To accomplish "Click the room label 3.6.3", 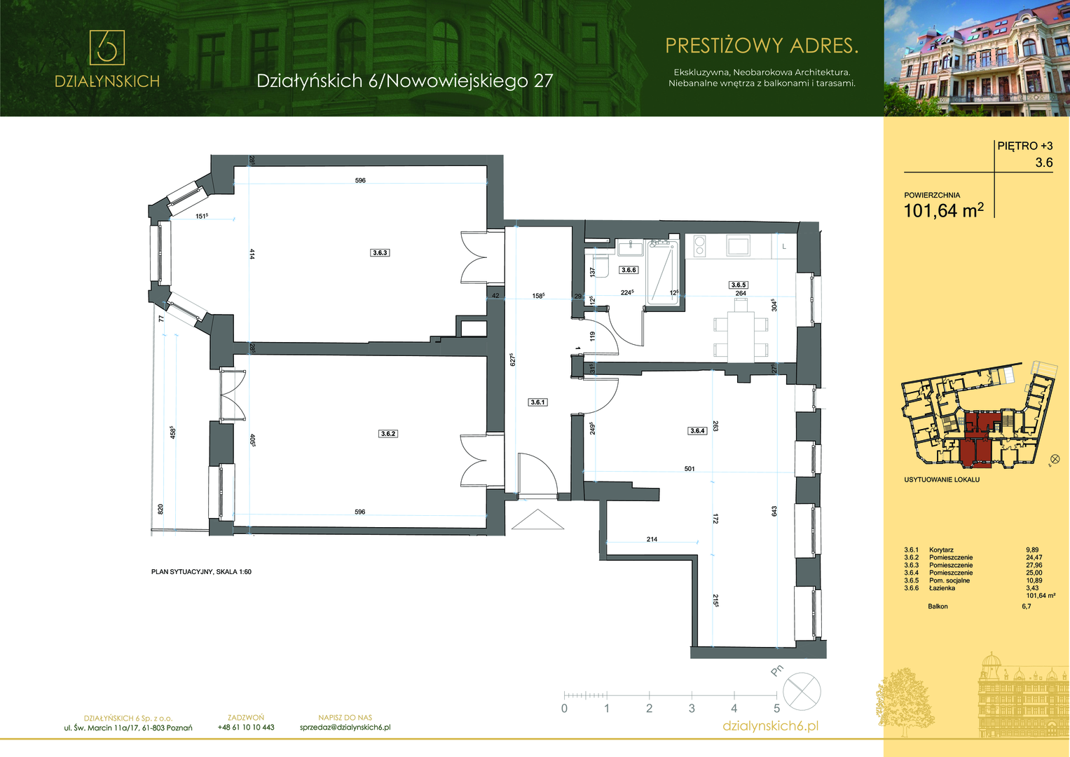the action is click(x=380, y=253).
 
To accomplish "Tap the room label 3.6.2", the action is click(x=388, y=434).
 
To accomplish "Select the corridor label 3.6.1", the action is click(x=538, y=402).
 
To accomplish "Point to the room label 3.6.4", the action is click(x=697, y=430).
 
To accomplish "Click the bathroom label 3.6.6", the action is click(x=629, y=270).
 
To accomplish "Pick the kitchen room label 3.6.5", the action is click(x=739, y=285).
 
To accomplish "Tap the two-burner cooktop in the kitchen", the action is click(x=700, y=245).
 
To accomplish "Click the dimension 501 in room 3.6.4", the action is click(x=690, y=469).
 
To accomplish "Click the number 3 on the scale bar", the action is click(x=692, y=708).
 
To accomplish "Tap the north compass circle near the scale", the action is click(x=802, y=692).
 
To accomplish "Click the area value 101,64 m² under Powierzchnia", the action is click(x=944, y=210).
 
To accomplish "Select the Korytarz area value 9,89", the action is click(x=1031, y=550).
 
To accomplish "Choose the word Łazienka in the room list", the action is click(x=942, y=588).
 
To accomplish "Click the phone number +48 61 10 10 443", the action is click(x=246, y=728).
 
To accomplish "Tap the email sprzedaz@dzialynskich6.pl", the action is click(x=345, y=728).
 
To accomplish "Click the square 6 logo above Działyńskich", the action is click(x=107, y=48).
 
